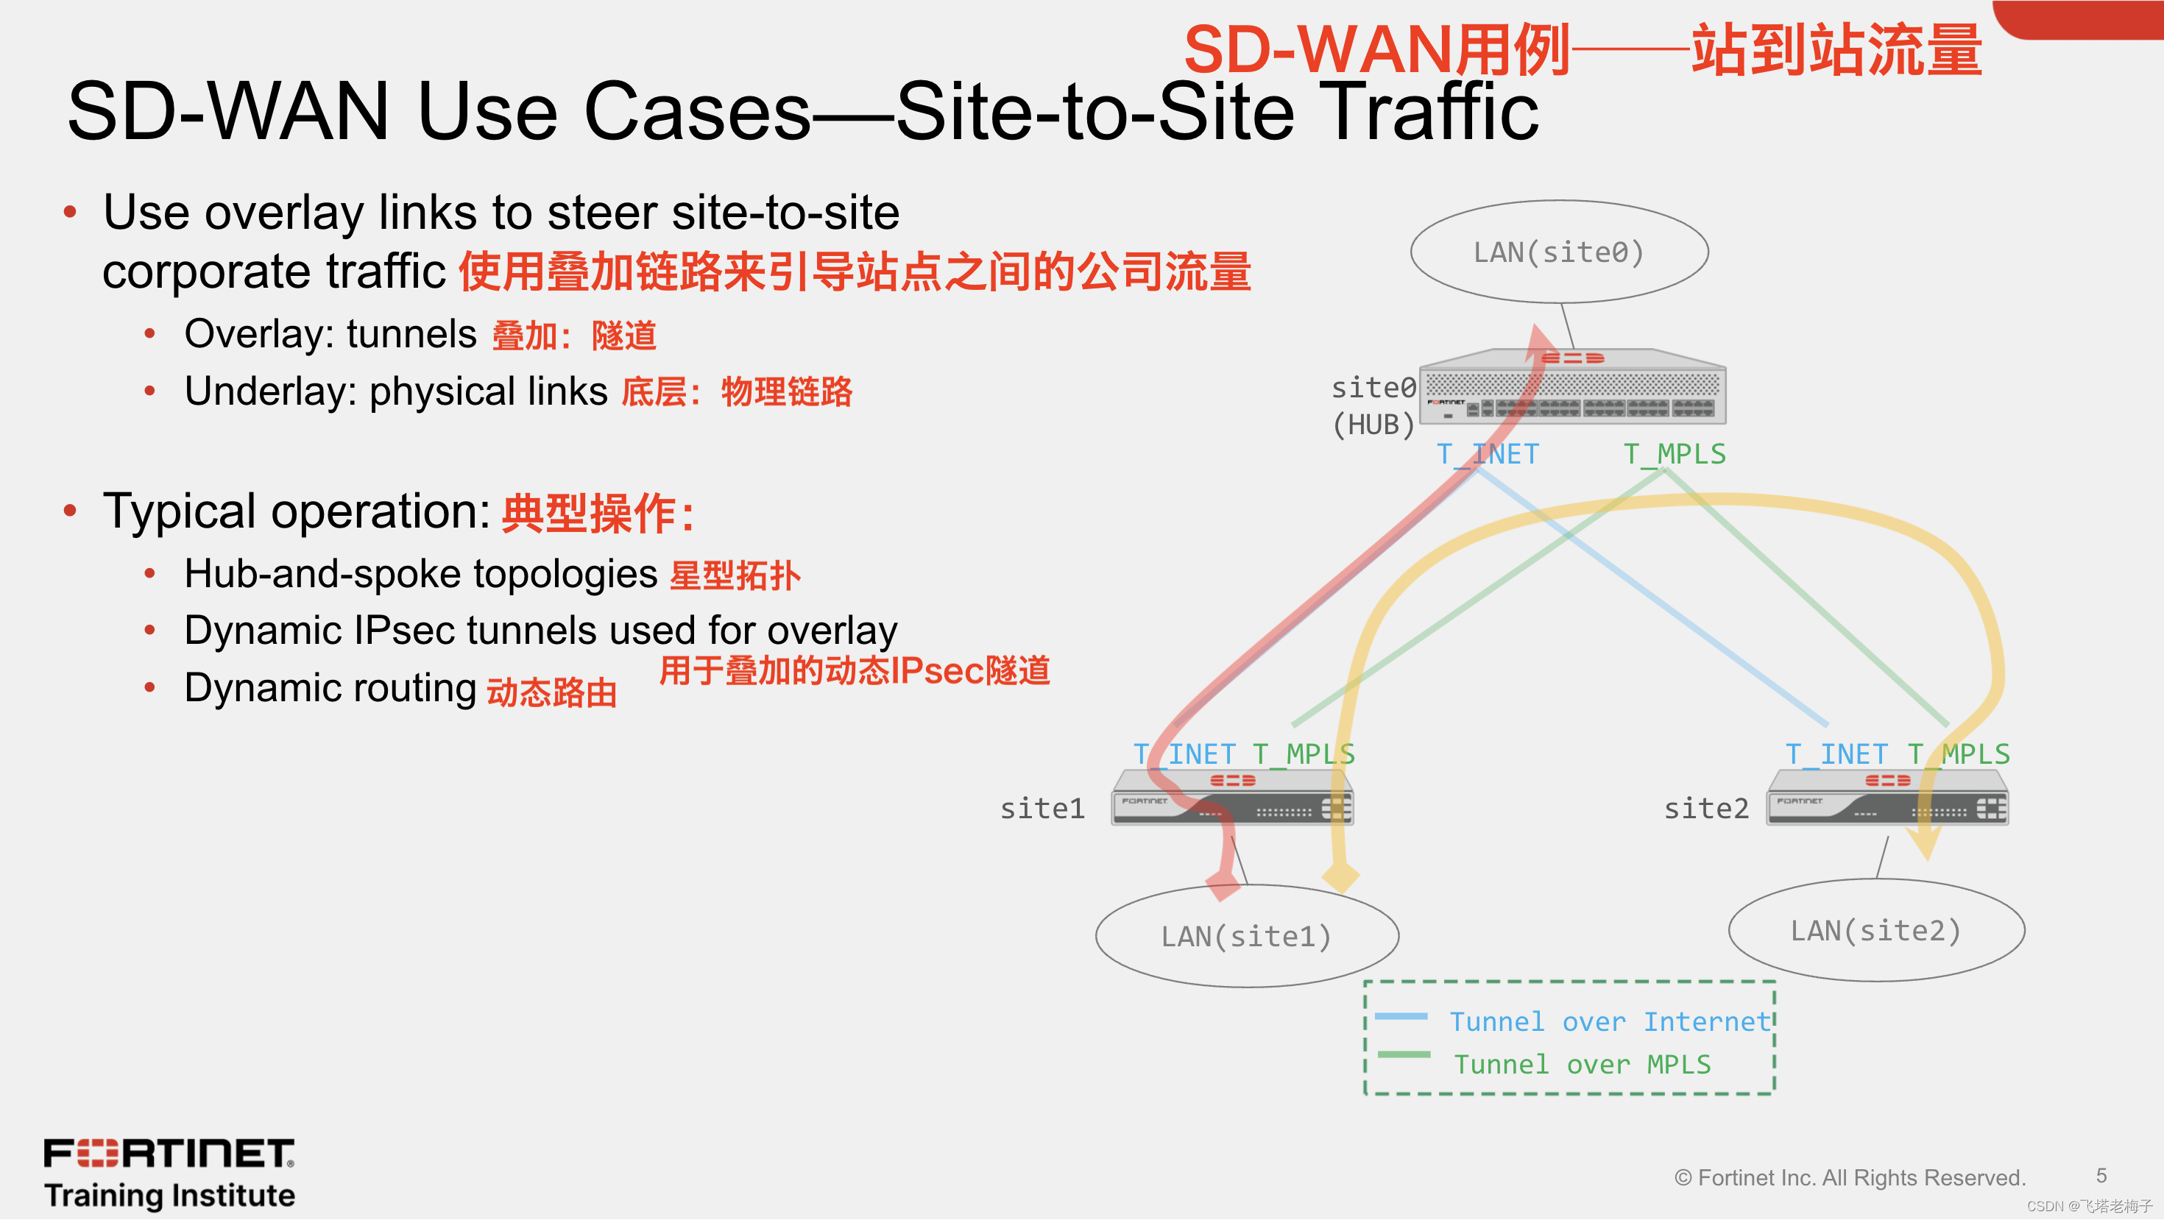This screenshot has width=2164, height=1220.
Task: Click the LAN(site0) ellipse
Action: (1558, 252)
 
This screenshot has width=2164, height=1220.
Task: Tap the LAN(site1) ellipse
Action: (1246, 935)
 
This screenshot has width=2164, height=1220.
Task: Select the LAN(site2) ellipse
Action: (1876, 930)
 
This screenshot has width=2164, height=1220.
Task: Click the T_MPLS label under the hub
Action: (1675, 454)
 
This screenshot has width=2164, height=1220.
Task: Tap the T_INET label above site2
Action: (1836, 754)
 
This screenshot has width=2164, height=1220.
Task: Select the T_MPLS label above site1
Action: (1303, 754)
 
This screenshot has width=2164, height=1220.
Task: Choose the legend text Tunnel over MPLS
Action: (1582, 1065)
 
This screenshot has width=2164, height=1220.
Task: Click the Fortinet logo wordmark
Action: (169, 1153)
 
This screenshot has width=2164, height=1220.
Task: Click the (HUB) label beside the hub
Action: (1373, 425)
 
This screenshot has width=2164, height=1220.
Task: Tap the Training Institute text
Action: (170, 1195)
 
